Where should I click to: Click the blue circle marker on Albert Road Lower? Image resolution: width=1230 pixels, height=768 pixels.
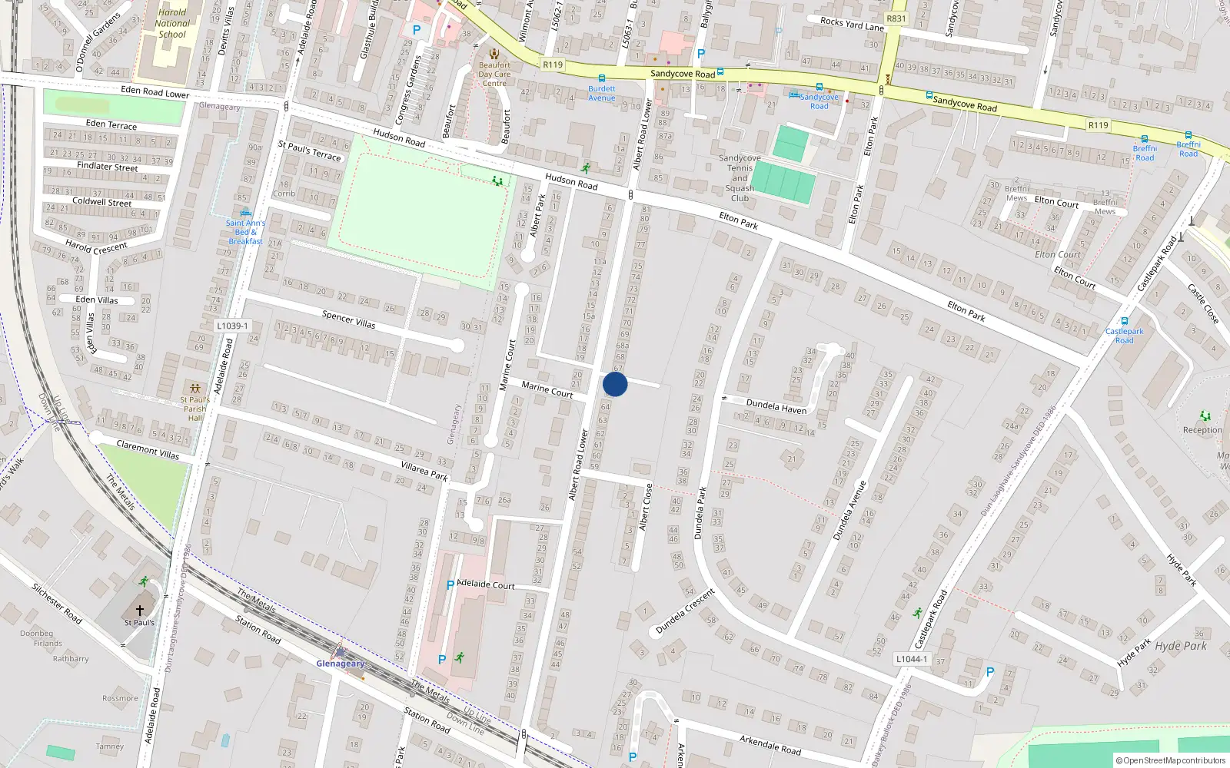click(615, 384)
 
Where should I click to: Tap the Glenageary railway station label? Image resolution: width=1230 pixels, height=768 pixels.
click(341, 664)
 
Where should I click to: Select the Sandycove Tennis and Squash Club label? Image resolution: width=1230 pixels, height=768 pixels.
click(740, 178)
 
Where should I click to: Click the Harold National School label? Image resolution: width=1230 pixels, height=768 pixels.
click(172, 23)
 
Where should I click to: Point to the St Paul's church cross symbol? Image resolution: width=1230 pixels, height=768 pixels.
click(140, 610)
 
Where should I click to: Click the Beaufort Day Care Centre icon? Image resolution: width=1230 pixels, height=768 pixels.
click(494, 54)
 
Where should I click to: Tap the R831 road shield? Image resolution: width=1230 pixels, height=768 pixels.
click(896, 18)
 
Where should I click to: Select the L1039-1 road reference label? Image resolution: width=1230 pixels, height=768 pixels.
click(232, 326)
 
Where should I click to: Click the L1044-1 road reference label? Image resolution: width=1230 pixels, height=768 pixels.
click(911, 659)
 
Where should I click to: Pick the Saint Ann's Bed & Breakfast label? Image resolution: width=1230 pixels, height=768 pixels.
click(245, 232)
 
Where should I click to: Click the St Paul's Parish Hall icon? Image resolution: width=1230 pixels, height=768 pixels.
click(195, 389)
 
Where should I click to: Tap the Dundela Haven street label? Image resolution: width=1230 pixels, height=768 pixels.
click(776, 406)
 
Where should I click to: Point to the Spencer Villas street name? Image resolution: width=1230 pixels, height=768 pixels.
click(348, 319)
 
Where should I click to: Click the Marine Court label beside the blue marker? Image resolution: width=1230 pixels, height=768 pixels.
click(547, 389)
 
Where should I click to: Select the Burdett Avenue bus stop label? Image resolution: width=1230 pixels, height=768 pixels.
click(602, 93)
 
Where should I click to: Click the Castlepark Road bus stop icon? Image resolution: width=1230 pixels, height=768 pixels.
click(1125, 322)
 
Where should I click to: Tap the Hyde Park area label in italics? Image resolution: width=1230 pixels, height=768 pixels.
click(1181, 646)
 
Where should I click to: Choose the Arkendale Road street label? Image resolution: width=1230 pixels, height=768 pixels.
click(770, 744)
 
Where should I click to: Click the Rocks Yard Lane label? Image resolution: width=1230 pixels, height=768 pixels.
click(852, 24)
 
